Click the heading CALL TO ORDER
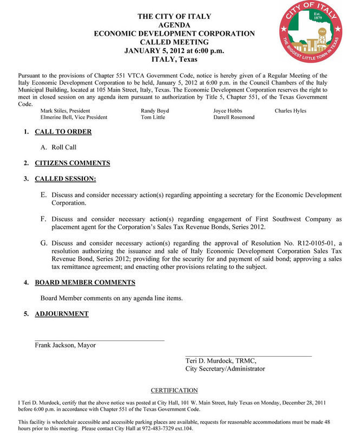tap(63, 132)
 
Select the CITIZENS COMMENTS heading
tap(72, 163)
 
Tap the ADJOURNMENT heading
tap(61, 314)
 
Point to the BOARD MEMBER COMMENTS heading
tap(85, 283)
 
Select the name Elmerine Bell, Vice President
tap(74, 117)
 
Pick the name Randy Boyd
tap(155, 111)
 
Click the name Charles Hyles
tap(290, 111)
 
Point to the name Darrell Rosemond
tap(234, 117)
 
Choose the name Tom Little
tap(153, 117)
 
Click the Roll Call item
tap(63, 147)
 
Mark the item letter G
tap(44, 244)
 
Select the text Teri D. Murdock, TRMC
tap(221, 361)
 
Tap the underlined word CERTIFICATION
tap(174, 390)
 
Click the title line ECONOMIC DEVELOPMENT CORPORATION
tap(174, 34)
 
